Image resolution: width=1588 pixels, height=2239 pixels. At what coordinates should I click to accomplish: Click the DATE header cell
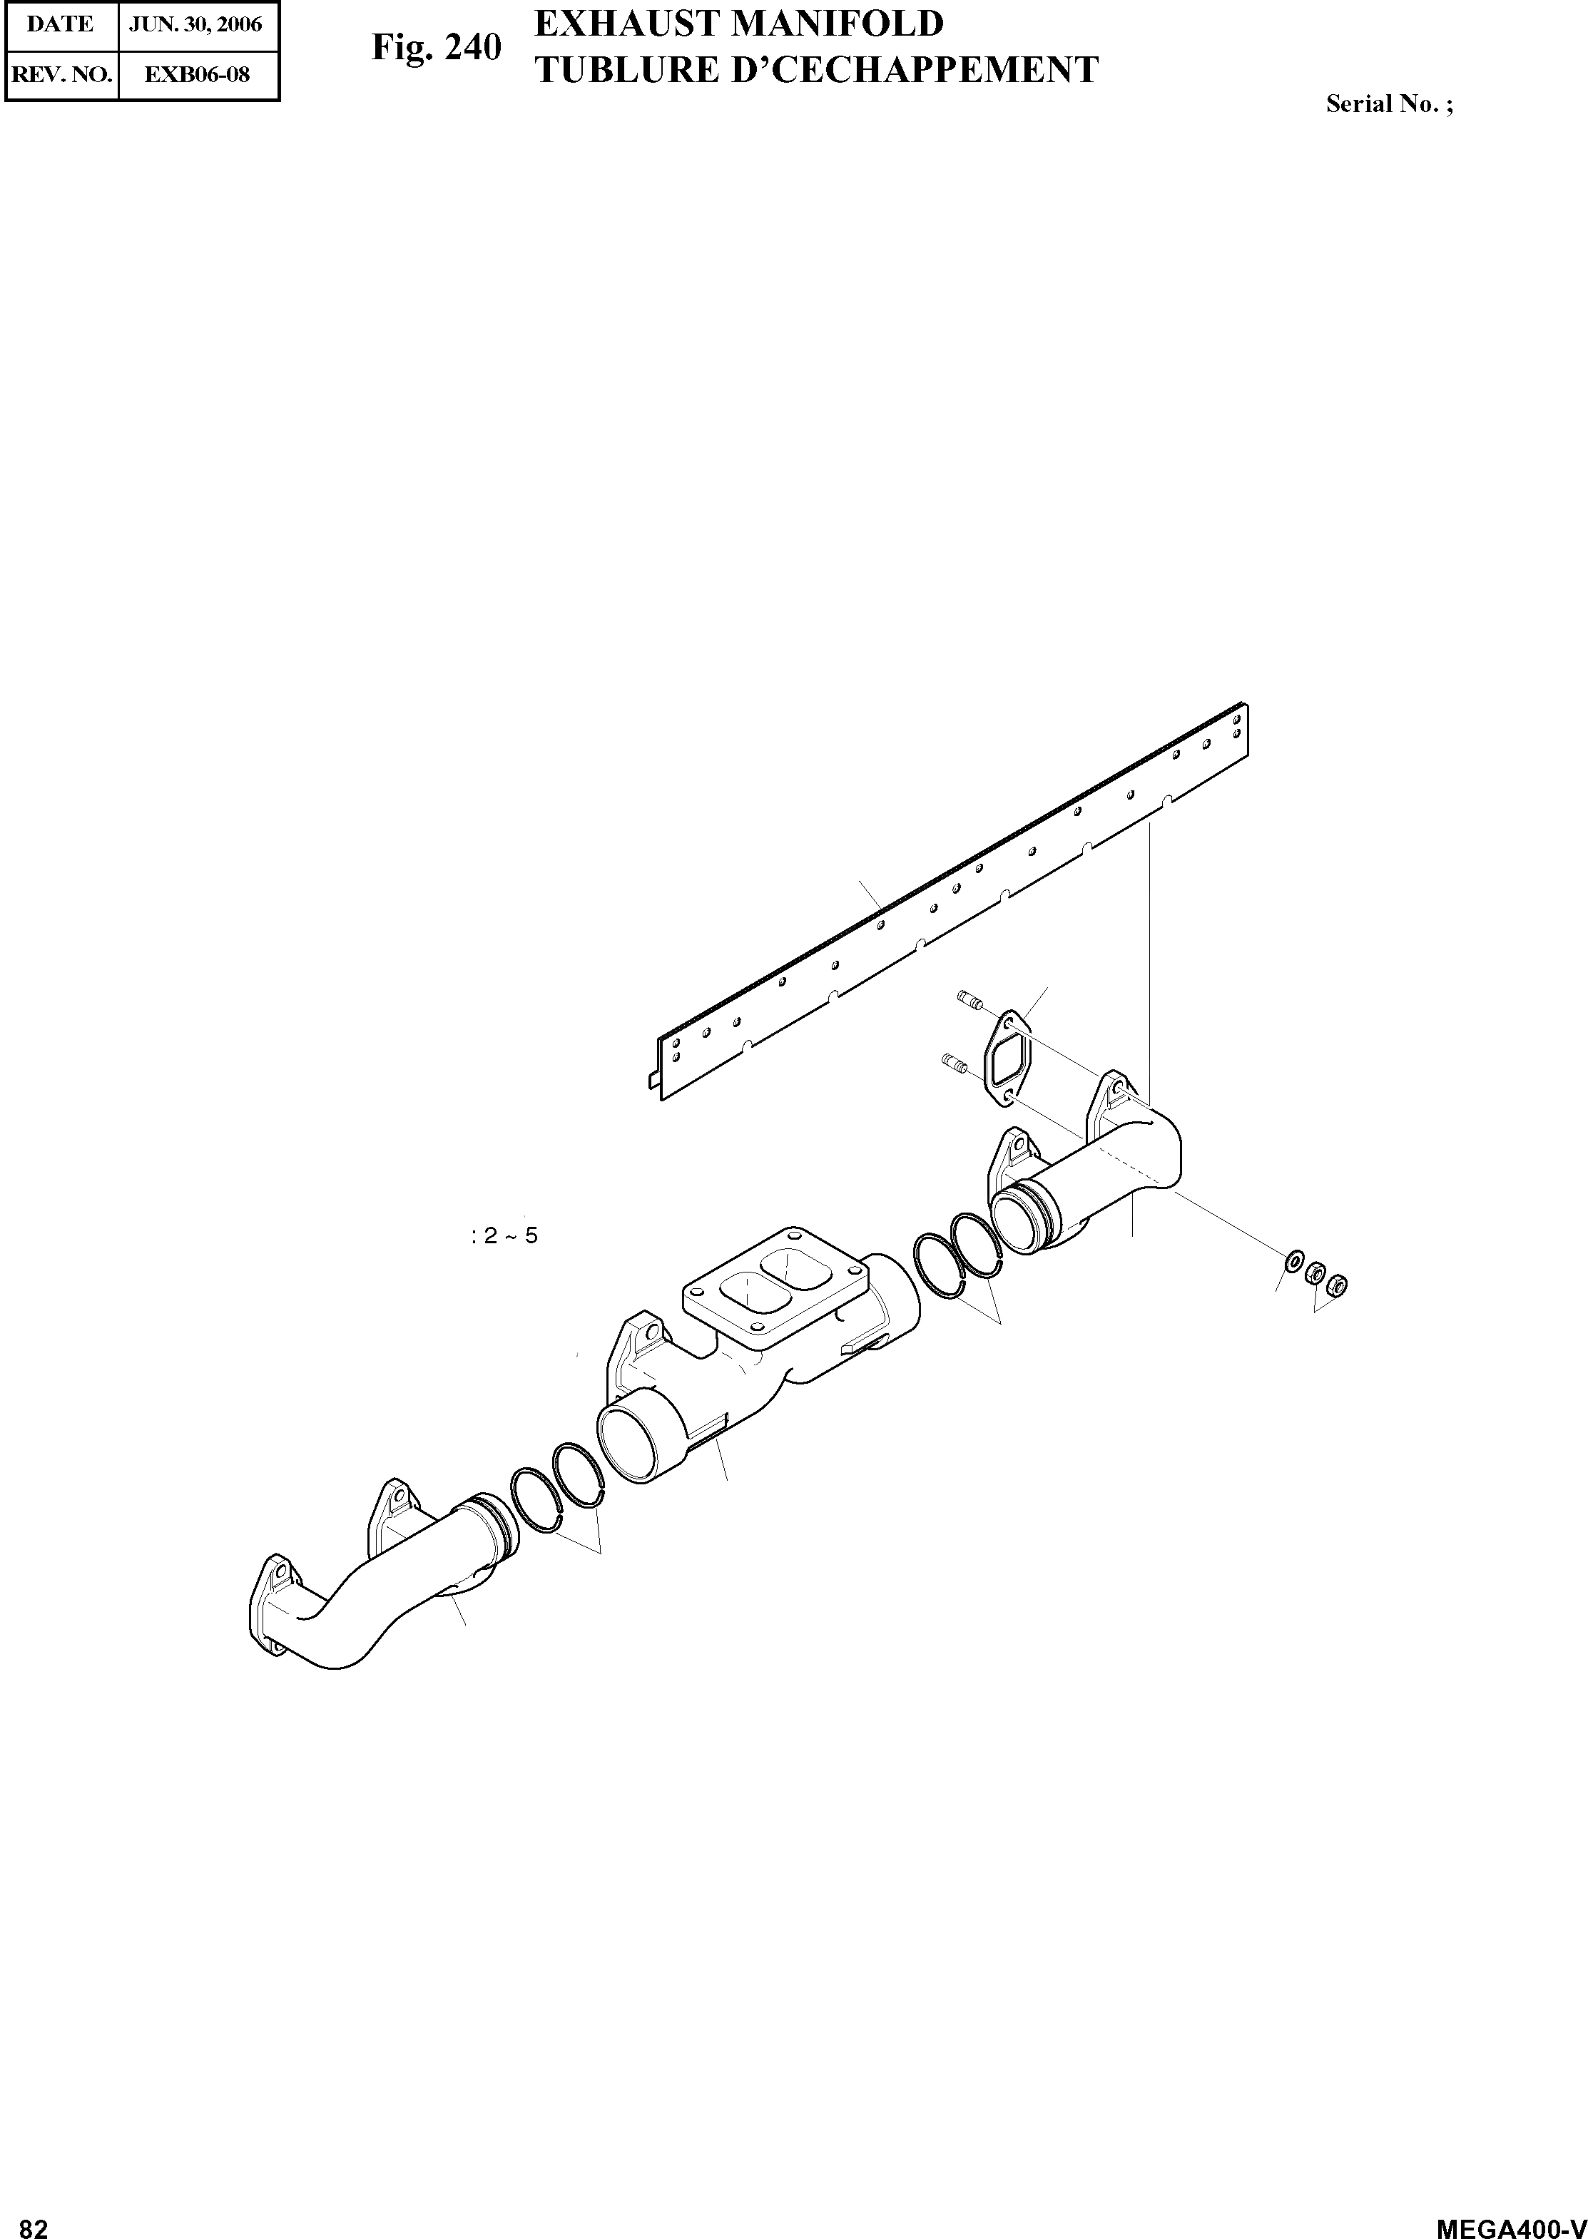61,24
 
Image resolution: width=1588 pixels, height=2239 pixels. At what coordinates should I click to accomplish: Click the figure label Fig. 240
436,47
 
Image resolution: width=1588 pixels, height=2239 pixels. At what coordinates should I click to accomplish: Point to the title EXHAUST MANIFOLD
738,24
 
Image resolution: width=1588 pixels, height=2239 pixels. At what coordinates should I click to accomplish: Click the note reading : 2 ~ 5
504,1236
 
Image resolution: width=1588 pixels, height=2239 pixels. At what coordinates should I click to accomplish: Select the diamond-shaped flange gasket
1007,1064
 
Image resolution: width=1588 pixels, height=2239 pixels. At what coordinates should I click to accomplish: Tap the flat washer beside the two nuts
1295,1263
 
